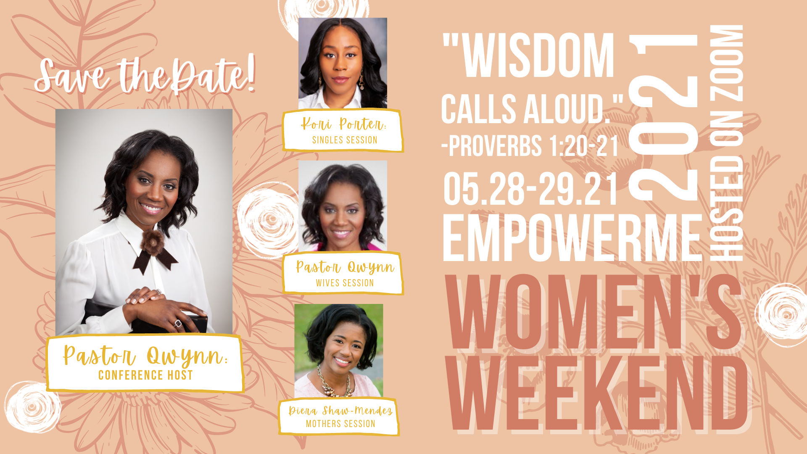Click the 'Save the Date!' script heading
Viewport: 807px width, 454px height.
coord(145,76)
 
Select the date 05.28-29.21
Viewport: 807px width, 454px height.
coord(530,189)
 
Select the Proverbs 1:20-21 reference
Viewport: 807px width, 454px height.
coord(530,146)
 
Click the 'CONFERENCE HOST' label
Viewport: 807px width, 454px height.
coord(145,375)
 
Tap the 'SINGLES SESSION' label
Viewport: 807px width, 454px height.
coord(345,140)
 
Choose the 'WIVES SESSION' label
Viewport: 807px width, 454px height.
coord(345,283)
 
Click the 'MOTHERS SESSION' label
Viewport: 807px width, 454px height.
coord(340,424)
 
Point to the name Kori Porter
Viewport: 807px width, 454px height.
coord(343,124)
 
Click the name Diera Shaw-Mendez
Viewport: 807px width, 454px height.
coord(340,410)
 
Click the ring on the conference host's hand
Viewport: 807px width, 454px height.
coord(178,323)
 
